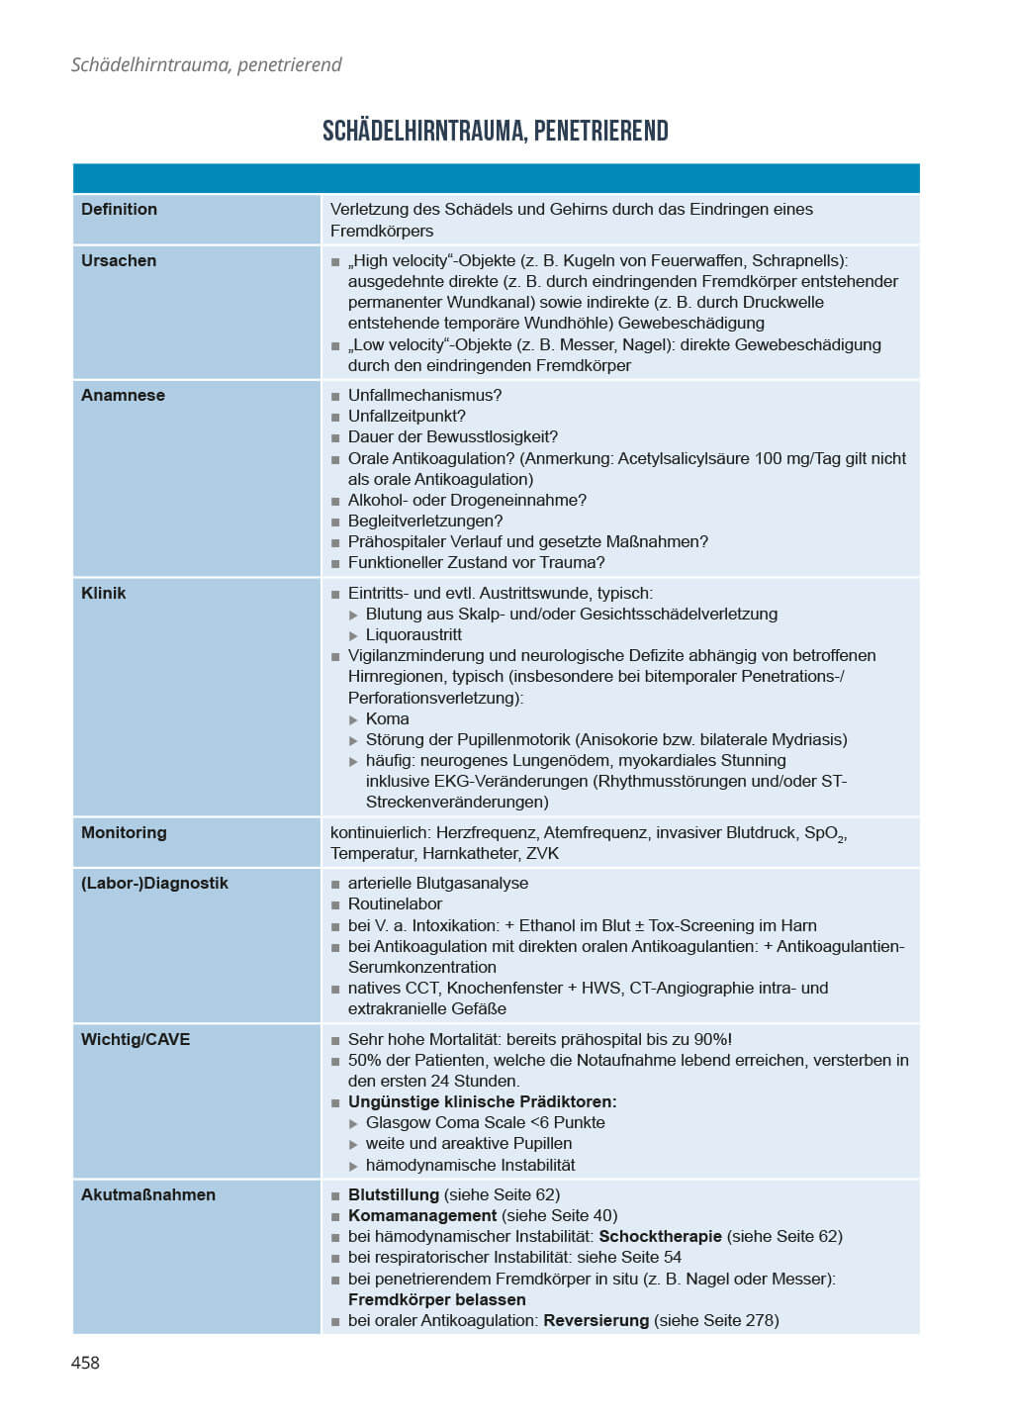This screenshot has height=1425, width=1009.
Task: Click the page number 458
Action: point(85,1363)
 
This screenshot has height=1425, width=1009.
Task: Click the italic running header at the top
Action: point(206,64)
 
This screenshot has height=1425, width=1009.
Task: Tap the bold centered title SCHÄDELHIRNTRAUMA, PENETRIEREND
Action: point(496,131)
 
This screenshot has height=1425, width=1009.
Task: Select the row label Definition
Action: point(119,209)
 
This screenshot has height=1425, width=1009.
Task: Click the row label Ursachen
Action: point(119,260)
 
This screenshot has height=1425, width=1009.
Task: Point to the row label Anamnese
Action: point(123,395)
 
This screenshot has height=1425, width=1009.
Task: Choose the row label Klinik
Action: point(104,593)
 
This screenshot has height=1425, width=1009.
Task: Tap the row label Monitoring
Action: point(124,832)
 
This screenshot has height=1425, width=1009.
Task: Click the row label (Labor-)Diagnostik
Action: point(154,883)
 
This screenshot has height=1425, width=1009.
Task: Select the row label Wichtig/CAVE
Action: point(136,1039)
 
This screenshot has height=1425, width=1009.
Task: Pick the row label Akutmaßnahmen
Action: point(148,1194)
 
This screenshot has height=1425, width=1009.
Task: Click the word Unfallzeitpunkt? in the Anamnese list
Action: point(407,416)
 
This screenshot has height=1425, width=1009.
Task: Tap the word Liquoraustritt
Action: point(413,634)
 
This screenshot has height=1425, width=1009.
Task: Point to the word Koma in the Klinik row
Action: point(387,718)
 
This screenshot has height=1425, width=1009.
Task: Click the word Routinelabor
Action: point(395,903)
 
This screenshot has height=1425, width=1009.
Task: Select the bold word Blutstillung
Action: point(394,1194)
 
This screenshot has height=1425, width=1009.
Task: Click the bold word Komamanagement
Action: point(422,1215)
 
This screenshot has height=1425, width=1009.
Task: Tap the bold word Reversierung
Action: point(596,1320)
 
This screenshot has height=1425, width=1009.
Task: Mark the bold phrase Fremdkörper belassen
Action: point(436,1299)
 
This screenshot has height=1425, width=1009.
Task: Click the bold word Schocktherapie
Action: point(661,1236)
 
